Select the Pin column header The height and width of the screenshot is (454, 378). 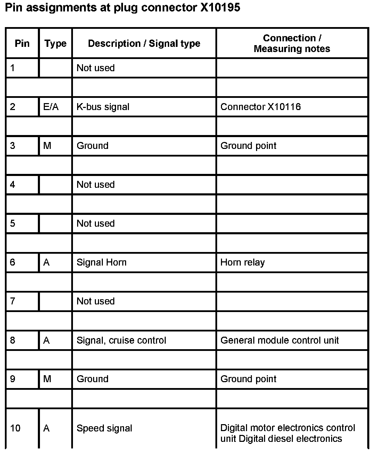click(x=22, y=43)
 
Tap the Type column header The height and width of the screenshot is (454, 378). click(x=55, y=43)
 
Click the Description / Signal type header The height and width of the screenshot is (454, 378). click(x=144, y=43)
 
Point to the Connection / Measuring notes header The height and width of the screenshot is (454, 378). click(x=292, y=43)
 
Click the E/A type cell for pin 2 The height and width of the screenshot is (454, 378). click(x=51, y=107)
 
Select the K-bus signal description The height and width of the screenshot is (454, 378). click(x=103, y=107)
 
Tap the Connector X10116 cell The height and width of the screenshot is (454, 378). click(x=261, y=107)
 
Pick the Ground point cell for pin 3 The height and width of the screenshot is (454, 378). click(x=248, y=145)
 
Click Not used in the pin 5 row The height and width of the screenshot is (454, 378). click(x=96, y=223)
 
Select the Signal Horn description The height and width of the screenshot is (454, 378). click(x=101, y=262)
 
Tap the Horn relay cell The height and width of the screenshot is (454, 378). click(x=243, y=262)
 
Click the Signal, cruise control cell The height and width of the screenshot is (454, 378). click(x=121, y=340)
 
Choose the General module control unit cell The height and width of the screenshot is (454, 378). click(x=280, y=340)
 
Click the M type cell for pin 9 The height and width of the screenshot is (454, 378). click(x=47, y=379)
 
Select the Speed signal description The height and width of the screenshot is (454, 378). click(x=104, y=428)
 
